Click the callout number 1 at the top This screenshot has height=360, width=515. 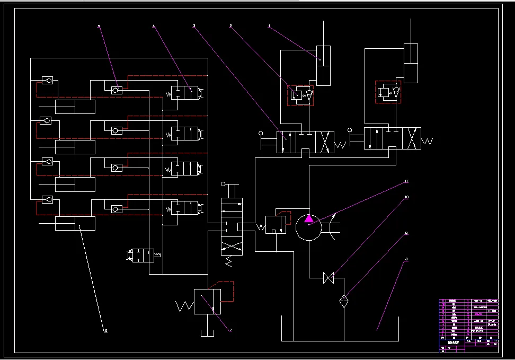point(269,25)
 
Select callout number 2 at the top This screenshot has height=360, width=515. point(231,25)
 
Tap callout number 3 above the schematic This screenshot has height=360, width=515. point(194,25)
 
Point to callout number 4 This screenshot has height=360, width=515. point(154,25)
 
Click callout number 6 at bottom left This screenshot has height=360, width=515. point(105,331)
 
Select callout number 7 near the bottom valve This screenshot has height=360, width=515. point(230,330)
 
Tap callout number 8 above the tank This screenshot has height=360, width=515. point(406,260)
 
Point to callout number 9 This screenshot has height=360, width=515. point(406,232)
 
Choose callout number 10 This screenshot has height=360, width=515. point(406,197)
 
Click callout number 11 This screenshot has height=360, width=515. point(406,181)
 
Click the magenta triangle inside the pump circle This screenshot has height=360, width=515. point(309,219)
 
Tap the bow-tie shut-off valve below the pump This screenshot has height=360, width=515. point(328,277)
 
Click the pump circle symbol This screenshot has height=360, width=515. point(309,227)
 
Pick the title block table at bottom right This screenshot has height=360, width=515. point(468,325)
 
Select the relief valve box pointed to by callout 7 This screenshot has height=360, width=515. point(207,302)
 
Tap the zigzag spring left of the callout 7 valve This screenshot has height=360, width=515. point(185,306)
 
